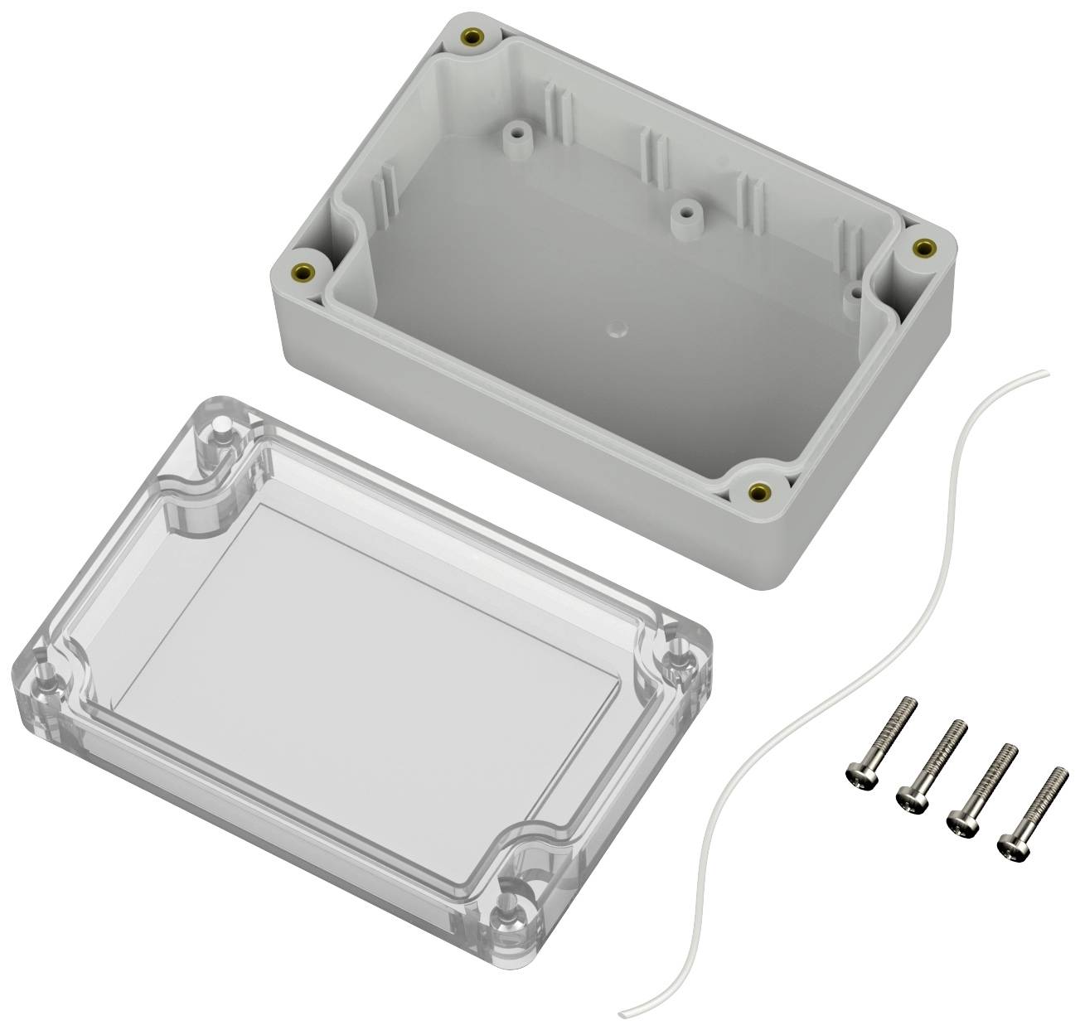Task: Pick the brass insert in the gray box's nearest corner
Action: pyautogui.click(x=756, y=493)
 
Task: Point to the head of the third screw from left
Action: pyautogui.click(x=960, y=824)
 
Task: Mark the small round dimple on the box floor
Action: pyautogui.click(x=613, y=331)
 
